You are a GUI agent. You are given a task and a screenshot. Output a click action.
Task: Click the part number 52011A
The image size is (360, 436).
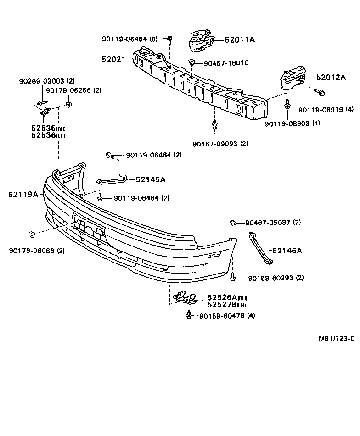[x=239, y=40]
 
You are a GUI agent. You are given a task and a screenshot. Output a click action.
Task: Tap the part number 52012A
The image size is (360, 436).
[x=330, y=78]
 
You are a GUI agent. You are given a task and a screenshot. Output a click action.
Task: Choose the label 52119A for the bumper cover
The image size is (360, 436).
[x=22, y=194]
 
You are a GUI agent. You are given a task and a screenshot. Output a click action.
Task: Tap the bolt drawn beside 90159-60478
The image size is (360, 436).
[x=189, y=315]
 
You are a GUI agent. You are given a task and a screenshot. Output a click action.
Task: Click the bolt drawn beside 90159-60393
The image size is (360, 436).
[x=234, y=277]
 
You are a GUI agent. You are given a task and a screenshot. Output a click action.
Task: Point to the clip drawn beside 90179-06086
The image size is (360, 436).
[x=32, y=235]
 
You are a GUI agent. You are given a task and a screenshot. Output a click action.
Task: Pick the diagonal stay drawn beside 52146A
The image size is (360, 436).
[x=259, y=248]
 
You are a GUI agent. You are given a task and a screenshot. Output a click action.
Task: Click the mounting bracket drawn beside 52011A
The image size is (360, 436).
[x=201, y=40]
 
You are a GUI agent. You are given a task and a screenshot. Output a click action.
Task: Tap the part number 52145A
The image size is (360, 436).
[x=150, y=179]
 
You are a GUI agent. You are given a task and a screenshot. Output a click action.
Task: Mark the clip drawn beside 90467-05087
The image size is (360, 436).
[x=233, y=223]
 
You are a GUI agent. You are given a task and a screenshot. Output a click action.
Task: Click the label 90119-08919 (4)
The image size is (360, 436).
[x=326, y=110]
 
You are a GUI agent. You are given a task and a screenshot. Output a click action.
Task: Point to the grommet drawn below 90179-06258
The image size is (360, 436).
[x=70, y=106]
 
